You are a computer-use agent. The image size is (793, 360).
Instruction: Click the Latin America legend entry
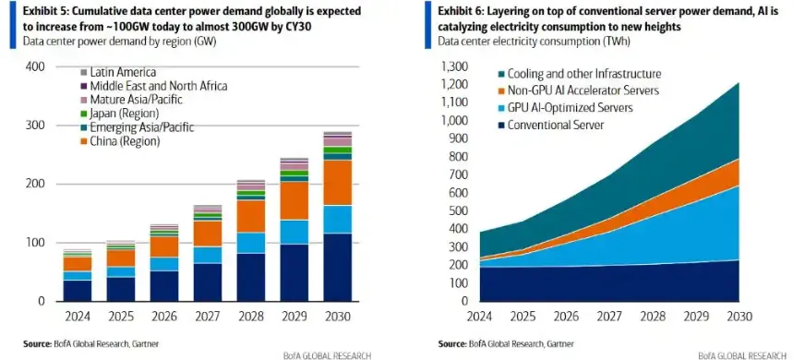pyautogui.click(x=118, y=73)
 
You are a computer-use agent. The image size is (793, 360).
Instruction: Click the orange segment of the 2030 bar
pyautogui.click(x=338, y=183)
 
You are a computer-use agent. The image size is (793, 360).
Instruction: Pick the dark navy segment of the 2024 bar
pyautogui.click(x=78, y=291)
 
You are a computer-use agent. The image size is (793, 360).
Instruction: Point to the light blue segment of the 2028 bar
pyautogui.click(x=251, y=243)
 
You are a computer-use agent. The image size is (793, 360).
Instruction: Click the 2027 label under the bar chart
pyautogui.click(x=208, y=317)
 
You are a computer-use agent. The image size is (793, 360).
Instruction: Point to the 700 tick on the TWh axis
pyautogui.click(x=457, y=175)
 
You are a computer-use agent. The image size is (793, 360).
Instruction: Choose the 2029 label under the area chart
pyautogui.click(x=696, y=317)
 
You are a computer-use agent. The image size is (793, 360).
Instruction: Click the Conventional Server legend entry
pyautogui.click(x=549, y=125)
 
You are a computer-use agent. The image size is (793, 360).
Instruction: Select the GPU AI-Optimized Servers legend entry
pyautogui.click(x=564, y=108)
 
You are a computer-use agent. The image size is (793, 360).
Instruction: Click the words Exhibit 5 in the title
pyautogui.click(x=43, y=11)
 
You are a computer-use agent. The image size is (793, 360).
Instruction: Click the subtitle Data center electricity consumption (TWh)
pyautogui.click(x=535, y=42)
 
